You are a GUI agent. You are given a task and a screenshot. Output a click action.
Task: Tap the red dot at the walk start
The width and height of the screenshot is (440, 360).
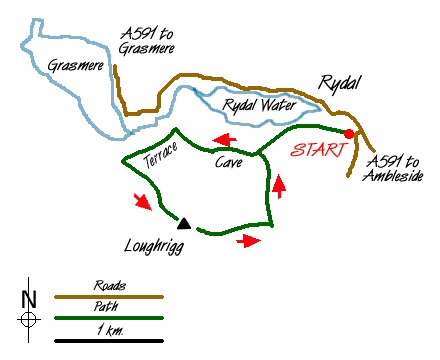[348, 134]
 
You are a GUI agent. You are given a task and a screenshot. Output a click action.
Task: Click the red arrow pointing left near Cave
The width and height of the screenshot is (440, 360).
[225, 140]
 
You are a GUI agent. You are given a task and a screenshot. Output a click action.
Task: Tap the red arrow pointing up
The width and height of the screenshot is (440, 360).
[280, 184]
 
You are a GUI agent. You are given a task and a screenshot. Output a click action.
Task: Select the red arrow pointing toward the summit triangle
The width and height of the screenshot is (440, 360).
[144, 203]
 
